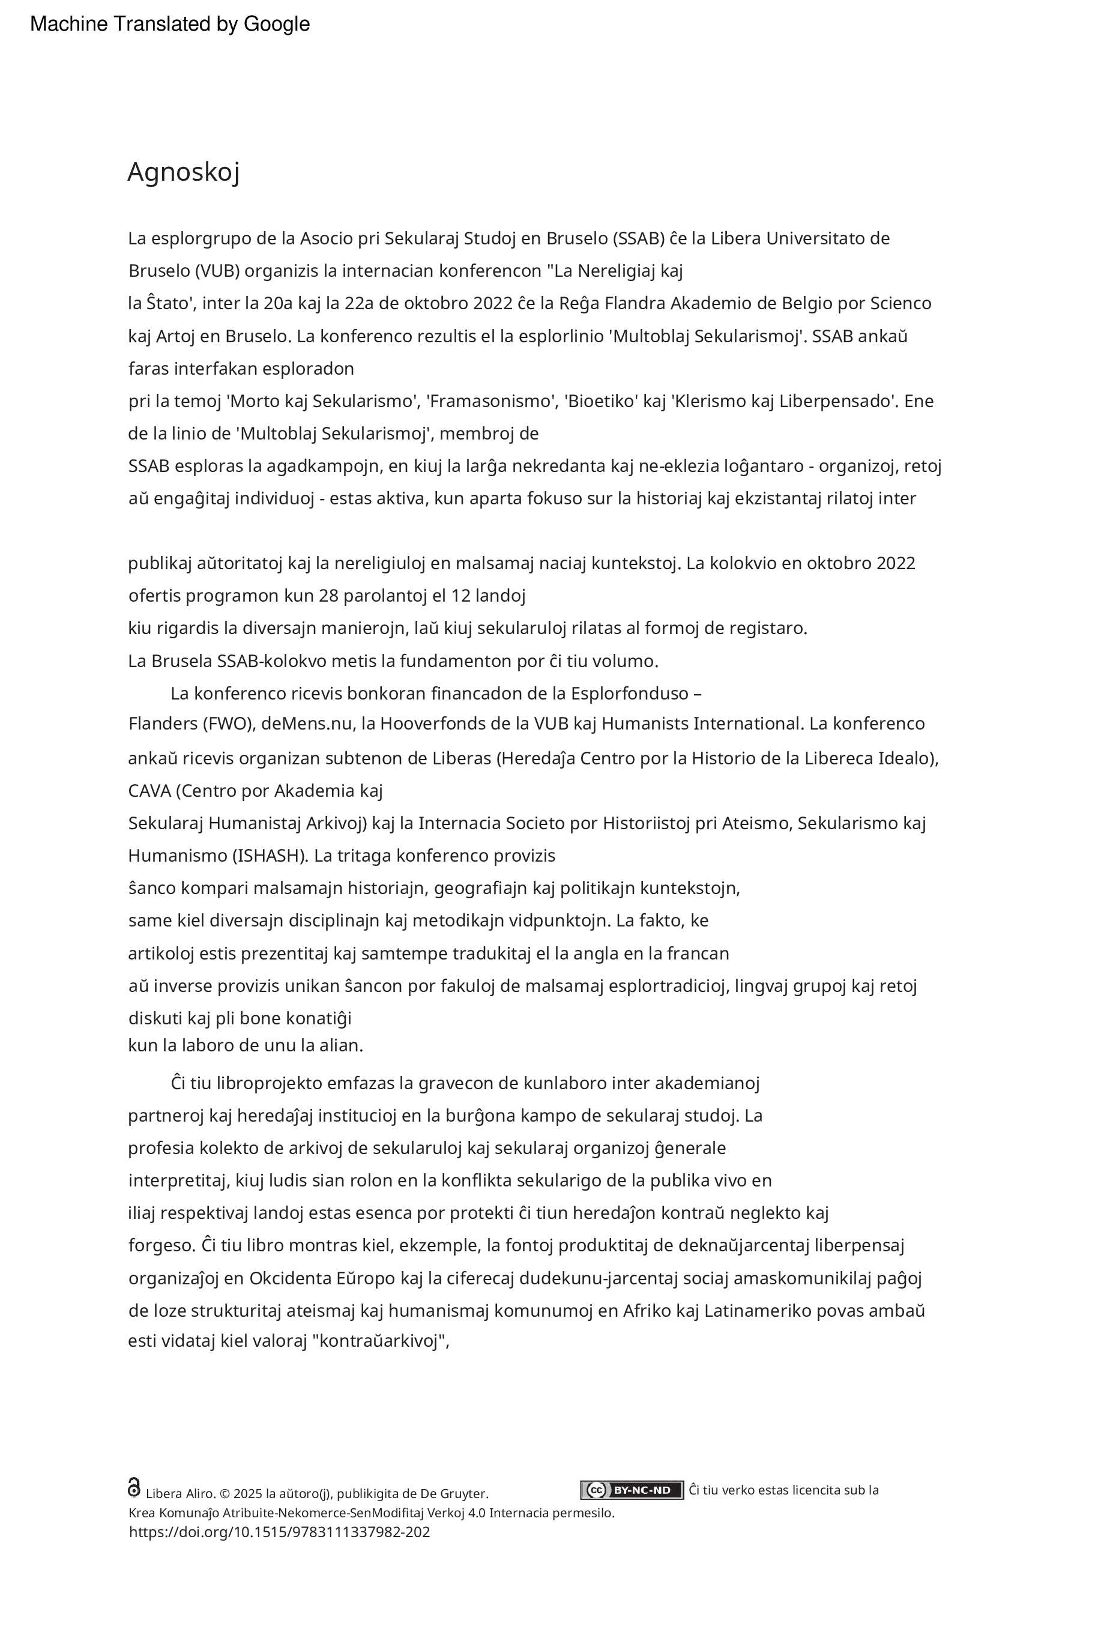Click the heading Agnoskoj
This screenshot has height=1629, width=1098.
pyautogui.click(x=184, y=172)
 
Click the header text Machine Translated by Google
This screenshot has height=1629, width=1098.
pyautogui.click(x=169, y=24)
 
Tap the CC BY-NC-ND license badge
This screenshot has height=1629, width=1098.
pyautogui.click(x=632, y=1490)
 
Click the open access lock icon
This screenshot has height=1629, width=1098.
pyautogui.click(x=134, y=1487)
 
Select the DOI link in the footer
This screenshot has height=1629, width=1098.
pyautogui.click(x=279, y=1532)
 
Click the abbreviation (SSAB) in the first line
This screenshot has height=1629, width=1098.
pyautogui.click(x=638, y=238)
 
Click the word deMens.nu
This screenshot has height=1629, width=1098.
pyautogui.click(x=306, y=724)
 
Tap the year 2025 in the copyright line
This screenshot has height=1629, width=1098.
pyautogui.click(x=248, y=1493)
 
